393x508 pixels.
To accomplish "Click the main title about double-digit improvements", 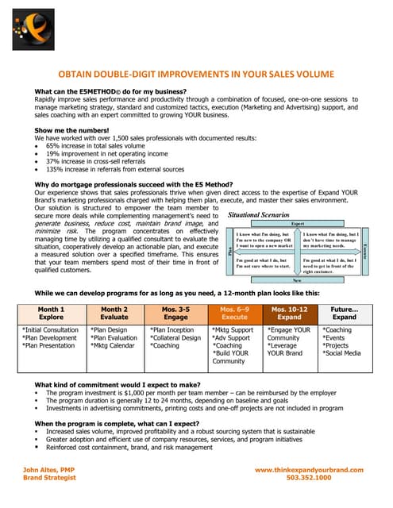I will [x=196, y=71].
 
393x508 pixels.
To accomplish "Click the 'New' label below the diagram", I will [x=297, y=279].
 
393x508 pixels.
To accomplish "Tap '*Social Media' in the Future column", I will [x=342, y=353].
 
